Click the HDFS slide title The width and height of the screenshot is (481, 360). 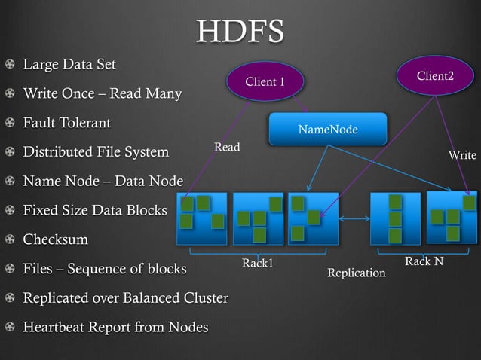[240, 32]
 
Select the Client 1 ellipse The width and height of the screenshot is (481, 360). [265, 81]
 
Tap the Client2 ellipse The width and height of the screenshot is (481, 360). [435, 77]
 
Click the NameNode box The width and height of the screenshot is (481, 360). [327, 130]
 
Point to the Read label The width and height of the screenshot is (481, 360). [227, 147]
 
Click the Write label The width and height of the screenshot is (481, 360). [462, 155]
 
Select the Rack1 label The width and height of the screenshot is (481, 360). [257, 263]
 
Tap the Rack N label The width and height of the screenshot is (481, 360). [424, 261]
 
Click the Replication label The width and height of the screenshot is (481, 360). [356, 273]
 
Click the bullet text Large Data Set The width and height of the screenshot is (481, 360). [69, 64]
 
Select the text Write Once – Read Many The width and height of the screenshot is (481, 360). [102, 94]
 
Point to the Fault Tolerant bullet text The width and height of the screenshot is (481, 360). [66, 123]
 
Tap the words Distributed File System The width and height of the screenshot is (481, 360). [96, 152]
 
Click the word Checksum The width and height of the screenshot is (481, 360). [55, 239]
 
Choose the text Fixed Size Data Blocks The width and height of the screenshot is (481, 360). [95, 210]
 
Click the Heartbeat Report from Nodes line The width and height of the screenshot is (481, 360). [115, 327]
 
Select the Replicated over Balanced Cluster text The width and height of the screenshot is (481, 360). [125, 297]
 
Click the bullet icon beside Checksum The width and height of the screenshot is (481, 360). [9, 240]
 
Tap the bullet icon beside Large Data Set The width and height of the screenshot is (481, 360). [9, 65]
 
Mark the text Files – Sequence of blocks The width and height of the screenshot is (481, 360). [105, 268]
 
